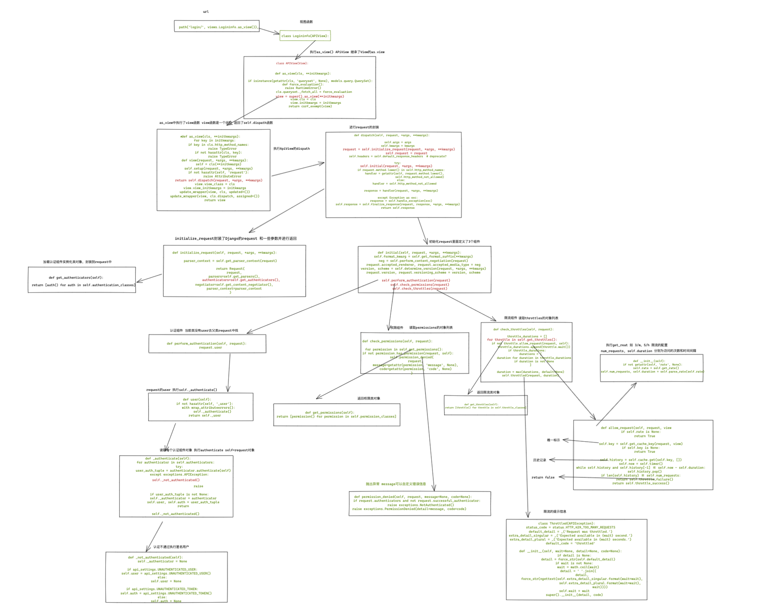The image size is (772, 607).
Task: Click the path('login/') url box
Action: click(x=216, y=26)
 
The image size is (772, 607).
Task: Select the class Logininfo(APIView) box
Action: click(x=305, y=36)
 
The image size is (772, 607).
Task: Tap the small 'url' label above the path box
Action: click(x=206, y=12)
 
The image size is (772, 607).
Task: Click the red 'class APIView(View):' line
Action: click(x=292, y=63)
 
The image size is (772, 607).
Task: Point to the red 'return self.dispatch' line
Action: click(x=218, y=180)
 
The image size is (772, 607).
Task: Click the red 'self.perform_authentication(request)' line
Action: click(x=416, y=280)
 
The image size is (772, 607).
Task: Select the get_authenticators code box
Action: click(x=82, y=280)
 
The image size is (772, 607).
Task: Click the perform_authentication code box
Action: click(x=207, y=344)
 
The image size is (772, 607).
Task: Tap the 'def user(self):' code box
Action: click(x=200, y=407)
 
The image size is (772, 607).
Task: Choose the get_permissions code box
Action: click(x=336, y=415)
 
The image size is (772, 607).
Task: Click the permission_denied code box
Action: click(x=420, y=503)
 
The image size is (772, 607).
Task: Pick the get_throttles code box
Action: click(x=485, y=405)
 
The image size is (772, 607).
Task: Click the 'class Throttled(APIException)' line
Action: click(x=566, y=524)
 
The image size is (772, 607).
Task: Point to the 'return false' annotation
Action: click(x=543, y=477)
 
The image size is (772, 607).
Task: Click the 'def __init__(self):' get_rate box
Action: click(x=652, y=368)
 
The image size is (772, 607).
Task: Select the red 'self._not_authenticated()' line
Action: click(x=176, y=480)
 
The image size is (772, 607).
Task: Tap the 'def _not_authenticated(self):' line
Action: click(x=155, y=557)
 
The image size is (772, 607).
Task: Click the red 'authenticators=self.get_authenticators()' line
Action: click(x=241, y=280)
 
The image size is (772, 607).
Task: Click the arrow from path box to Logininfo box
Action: click(x=269, y=31)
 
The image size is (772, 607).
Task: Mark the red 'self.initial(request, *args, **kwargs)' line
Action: click(x=396, y=166)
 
